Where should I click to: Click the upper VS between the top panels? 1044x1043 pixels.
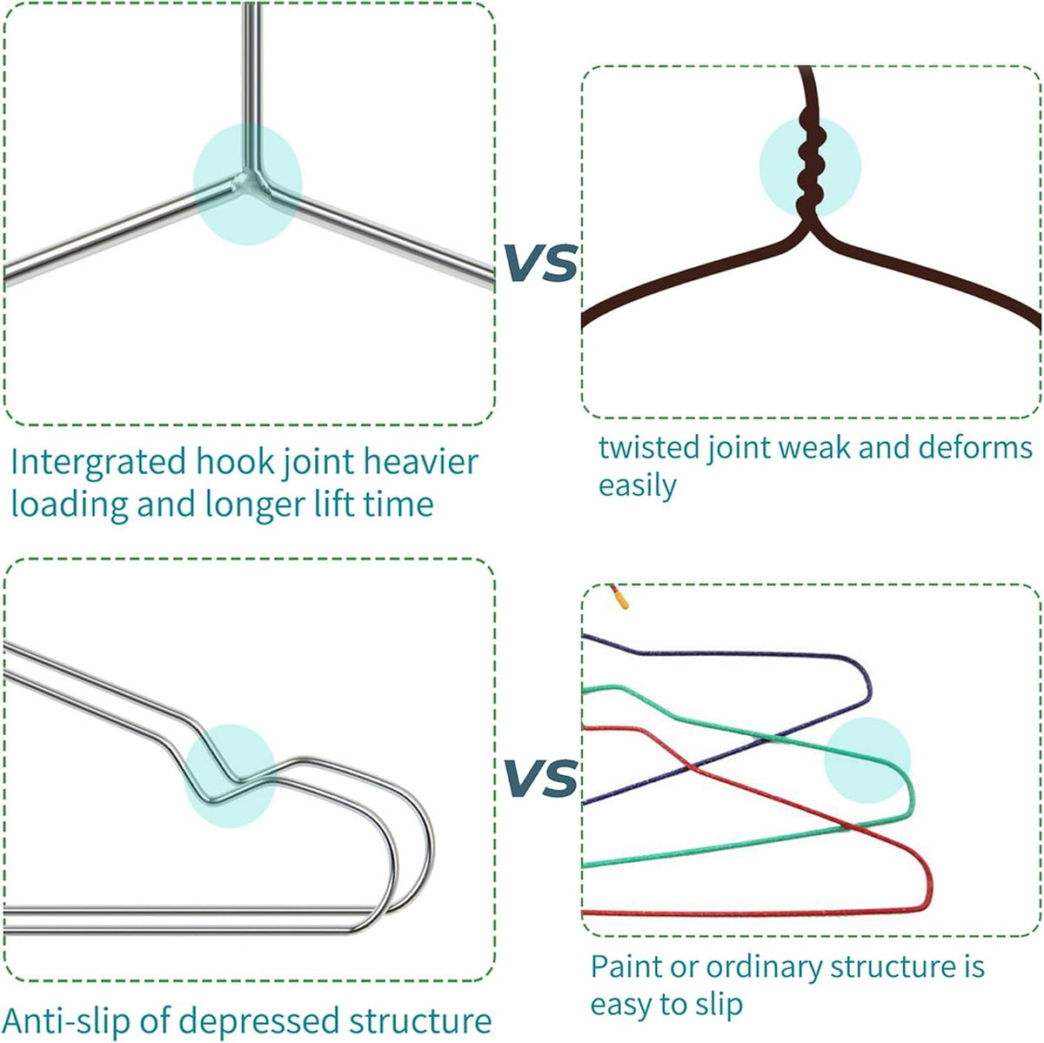540,264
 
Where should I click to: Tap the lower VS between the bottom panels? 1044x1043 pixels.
540,778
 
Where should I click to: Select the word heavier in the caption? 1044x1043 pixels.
421,462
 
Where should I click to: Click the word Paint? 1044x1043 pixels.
626,967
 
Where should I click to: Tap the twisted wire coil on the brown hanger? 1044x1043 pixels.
810,163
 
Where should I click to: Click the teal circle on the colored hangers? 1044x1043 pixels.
867,760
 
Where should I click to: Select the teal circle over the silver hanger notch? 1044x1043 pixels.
231,776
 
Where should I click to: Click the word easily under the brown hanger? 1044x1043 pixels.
637,485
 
